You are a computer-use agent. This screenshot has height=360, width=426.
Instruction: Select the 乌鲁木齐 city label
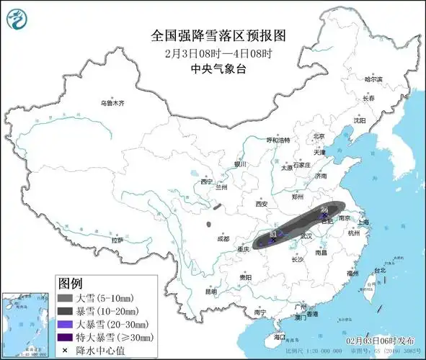click(x=112, y=104)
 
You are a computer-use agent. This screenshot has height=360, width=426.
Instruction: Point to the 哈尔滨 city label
click(x=373, y=79)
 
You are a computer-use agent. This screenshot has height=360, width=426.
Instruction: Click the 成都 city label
click(x=222, y=239)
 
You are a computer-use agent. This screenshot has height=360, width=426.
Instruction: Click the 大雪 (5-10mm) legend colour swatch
click(x=65, y=298)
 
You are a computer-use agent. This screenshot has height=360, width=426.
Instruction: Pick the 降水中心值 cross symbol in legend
click(x=65, y=351)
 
